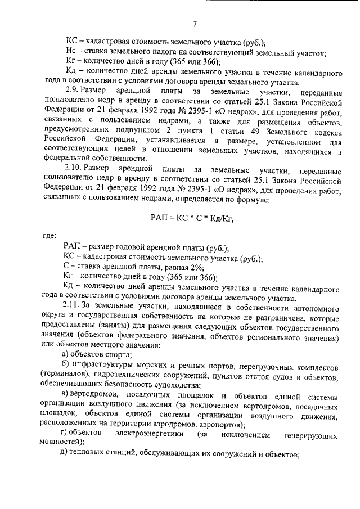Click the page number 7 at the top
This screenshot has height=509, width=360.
[x=194, y=24]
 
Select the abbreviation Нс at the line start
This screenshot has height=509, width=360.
[x=70, y=53]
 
